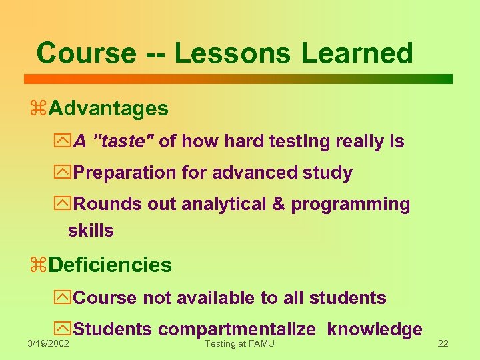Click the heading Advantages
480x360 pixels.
point(108,108)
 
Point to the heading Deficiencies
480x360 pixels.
point(110,265)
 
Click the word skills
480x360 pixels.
point(91,231)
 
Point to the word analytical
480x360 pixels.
point(221,204)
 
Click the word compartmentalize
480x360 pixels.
point(237,329)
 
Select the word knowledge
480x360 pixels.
point(375,329)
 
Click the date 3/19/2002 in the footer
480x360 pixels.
point(48,343)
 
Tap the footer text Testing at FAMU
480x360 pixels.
point(239,343)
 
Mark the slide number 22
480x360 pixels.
point(443,343)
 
